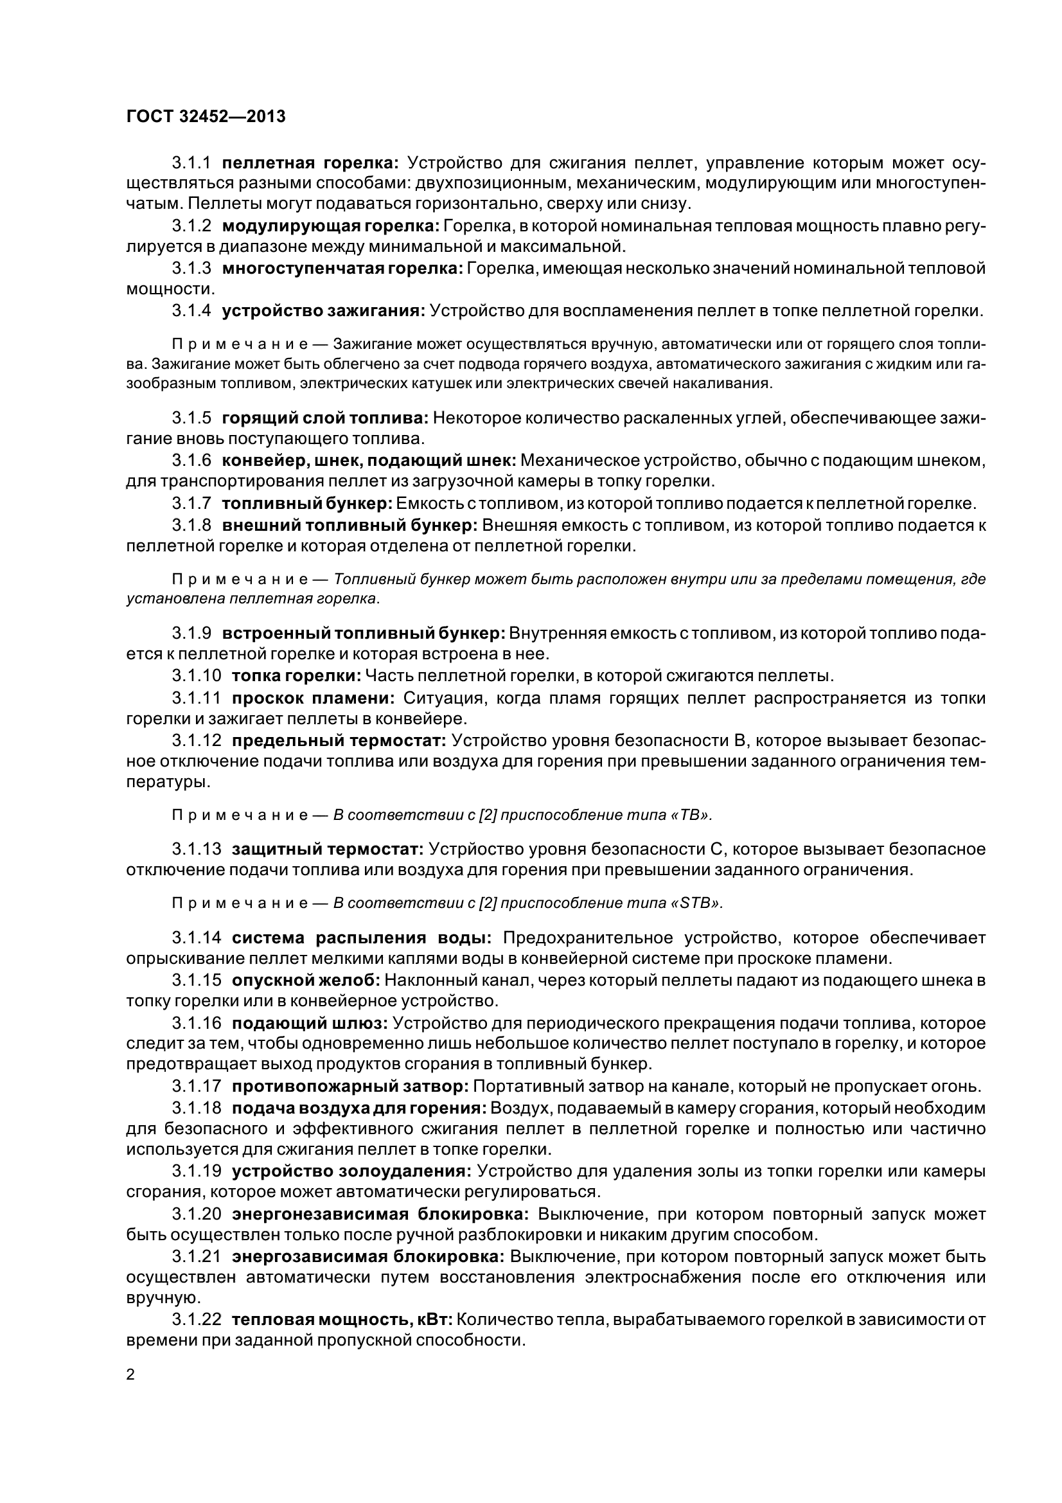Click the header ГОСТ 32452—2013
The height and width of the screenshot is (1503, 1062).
(x=206, y=117)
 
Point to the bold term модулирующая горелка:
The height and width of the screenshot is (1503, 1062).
(x=330, y=226)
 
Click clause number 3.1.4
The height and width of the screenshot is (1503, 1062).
(x=191, y=311)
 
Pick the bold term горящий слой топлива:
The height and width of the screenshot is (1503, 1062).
(x=325, y=418)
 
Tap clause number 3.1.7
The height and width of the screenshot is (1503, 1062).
(x=191, y=503)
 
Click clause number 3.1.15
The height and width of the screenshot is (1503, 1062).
(x=197, y=980)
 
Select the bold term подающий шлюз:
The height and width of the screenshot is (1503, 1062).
(x=310, y=1023)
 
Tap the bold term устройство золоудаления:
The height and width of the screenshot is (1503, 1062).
(x=351, y=1170)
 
